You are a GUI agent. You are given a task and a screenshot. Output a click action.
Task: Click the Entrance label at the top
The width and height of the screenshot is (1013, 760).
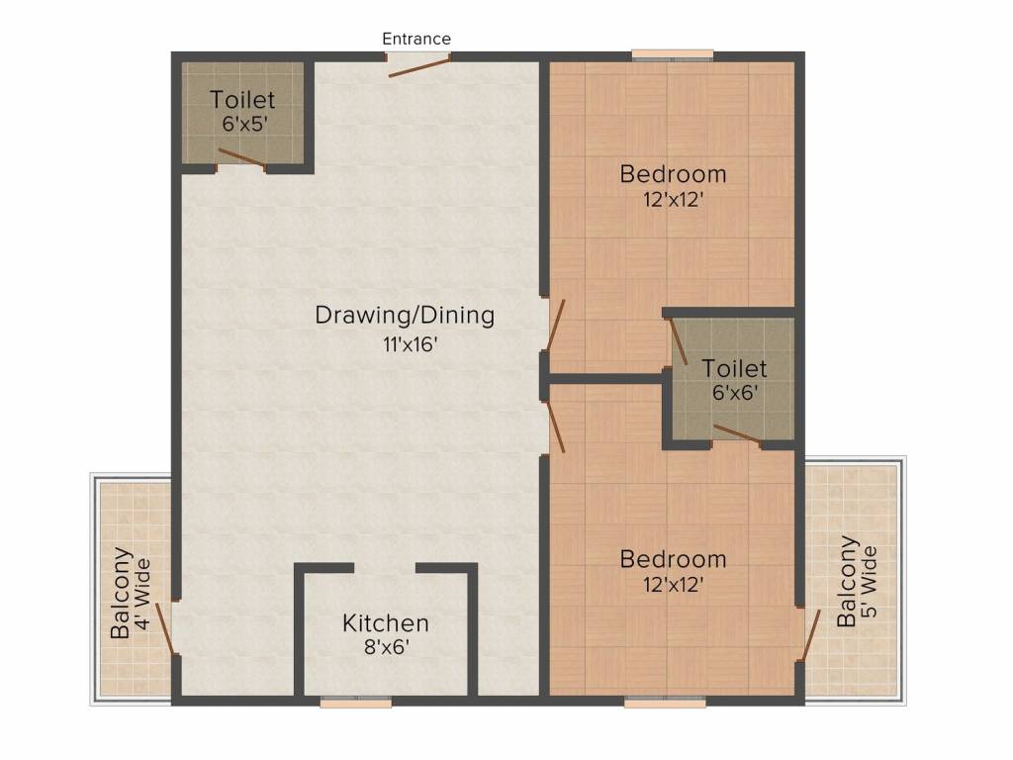416,39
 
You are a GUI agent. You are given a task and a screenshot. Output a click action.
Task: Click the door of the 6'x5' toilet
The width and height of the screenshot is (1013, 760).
241,157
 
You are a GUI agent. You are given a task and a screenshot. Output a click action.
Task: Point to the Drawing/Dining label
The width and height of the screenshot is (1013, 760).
404,316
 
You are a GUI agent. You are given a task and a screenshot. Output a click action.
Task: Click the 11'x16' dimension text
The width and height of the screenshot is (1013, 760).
404,344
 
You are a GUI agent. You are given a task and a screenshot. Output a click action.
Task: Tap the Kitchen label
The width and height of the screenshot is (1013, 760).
386,623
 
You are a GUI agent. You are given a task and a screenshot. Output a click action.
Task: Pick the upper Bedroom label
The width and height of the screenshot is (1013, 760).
673,174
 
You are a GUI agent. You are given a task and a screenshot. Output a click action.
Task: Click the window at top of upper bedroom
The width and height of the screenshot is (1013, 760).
673,55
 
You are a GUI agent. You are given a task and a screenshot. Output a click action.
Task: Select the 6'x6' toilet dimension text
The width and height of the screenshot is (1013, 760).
734,393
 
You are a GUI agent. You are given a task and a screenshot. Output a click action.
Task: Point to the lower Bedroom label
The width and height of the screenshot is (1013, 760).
673,559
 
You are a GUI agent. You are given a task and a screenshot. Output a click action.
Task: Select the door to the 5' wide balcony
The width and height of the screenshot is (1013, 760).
812,634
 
